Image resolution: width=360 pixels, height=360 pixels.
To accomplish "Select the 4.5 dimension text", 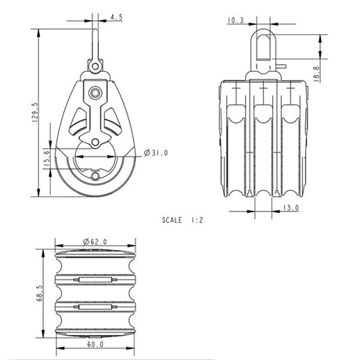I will click(x=117, y=16).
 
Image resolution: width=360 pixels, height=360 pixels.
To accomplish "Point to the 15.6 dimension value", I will click(x=44, y=157).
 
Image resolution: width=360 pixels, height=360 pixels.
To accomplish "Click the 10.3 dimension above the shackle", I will click(x=235, y=22).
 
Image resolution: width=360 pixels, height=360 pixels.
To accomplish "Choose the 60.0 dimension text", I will click(x=94, y=344).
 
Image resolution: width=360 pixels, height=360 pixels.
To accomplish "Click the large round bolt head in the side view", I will click(x=95, y=93).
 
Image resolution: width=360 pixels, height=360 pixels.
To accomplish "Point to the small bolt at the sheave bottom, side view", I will click(x=95, y=142).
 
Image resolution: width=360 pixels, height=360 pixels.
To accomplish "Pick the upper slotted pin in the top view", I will click(x=95, y=279).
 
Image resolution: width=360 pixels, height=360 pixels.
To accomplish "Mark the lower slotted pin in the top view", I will click(x=95, y=307).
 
